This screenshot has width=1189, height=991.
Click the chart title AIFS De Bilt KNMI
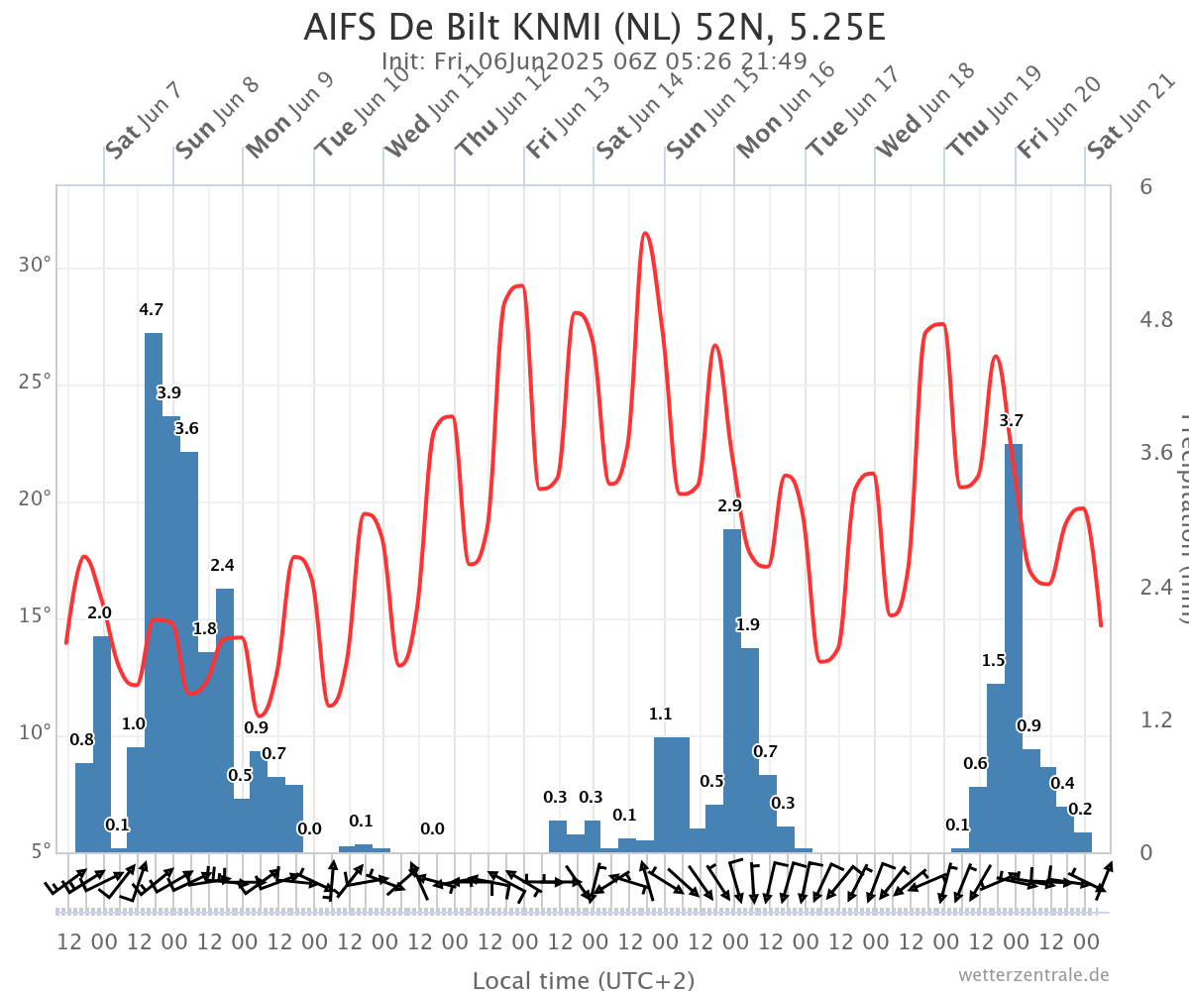click(594, 27)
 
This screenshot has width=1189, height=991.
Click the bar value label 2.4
click(222, 566)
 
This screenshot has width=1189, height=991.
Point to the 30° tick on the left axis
click(36, 267)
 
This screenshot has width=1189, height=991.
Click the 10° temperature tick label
click(36, 733)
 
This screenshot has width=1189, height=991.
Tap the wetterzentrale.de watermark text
click(1033, 975)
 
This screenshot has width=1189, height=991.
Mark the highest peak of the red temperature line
click(645, 234)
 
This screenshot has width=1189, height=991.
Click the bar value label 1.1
click(660, 714)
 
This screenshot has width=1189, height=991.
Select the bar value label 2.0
click(99, 613)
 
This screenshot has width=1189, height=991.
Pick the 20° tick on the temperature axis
click(36, 500)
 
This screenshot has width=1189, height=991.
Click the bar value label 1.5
click(994, 661)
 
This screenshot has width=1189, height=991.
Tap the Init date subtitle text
click(594, 61)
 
